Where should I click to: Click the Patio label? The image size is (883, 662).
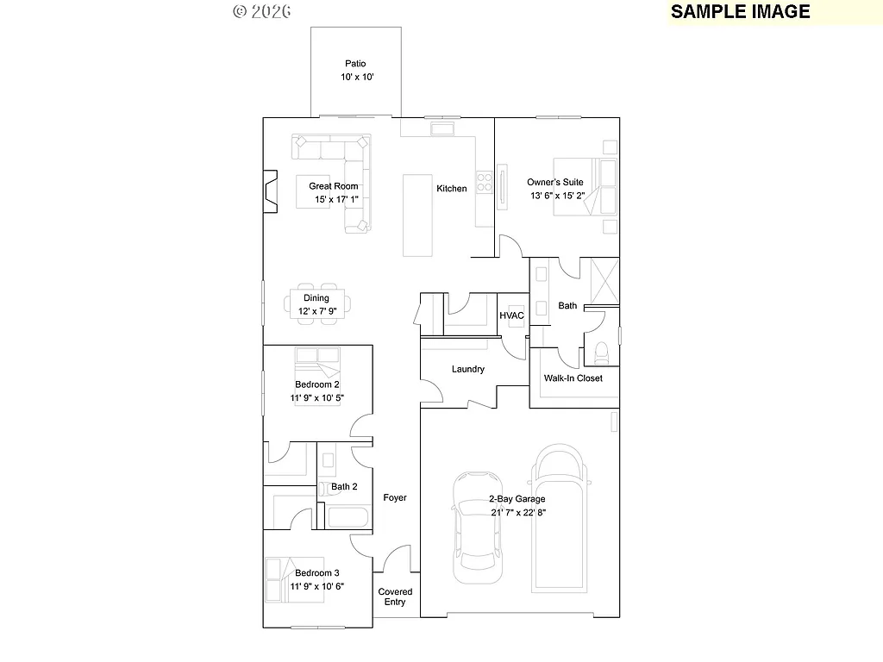355,63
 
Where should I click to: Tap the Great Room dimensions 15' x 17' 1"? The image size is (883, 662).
335,200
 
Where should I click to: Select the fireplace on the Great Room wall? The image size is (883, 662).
271,191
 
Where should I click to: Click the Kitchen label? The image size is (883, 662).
451,189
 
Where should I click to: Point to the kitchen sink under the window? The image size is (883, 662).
443,129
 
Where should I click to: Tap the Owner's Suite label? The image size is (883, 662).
555,182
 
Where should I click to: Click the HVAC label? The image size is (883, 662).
512,315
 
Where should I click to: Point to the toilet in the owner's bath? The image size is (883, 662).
601,353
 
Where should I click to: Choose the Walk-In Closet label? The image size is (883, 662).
573,378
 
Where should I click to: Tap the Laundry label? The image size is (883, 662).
467,369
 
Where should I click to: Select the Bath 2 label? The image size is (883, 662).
344,487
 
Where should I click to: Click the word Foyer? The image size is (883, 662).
395,497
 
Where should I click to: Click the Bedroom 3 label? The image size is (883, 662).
316,573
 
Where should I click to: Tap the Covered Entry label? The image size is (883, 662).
395,596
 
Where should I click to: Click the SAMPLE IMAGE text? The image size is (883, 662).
740,11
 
